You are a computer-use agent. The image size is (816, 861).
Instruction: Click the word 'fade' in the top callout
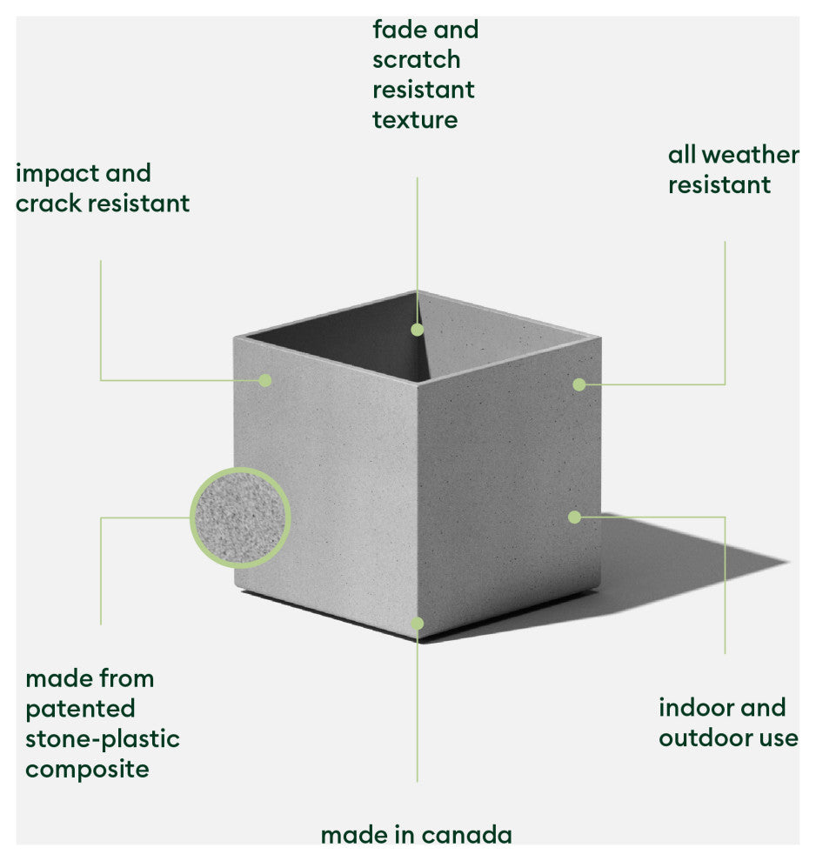tap(400, 29)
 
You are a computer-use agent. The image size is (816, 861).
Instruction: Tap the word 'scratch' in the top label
tap(416, 59)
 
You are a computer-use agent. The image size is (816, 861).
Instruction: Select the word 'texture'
tap(415, 120)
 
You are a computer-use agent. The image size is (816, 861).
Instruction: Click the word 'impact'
tap(57, 175)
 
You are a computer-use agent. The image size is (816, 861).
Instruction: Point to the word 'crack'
tap(49, 204)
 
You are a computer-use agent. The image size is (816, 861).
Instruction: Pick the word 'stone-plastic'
tap(103, 739)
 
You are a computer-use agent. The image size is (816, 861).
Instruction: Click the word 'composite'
tap(87, 770)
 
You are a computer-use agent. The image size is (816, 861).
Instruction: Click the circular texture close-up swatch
tap(240, 517)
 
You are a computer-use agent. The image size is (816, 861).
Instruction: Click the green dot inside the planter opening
tap(418, 330)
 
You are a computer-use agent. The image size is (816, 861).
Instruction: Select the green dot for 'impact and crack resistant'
tap(265, 380)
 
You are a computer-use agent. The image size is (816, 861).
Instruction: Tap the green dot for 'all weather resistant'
tap(579, 384)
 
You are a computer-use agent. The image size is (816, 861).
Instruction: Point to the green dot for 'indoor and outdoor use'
tap(575, 517)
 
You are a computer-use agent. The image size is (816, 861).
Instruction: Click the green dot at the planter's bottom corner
tap(418, 624)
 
